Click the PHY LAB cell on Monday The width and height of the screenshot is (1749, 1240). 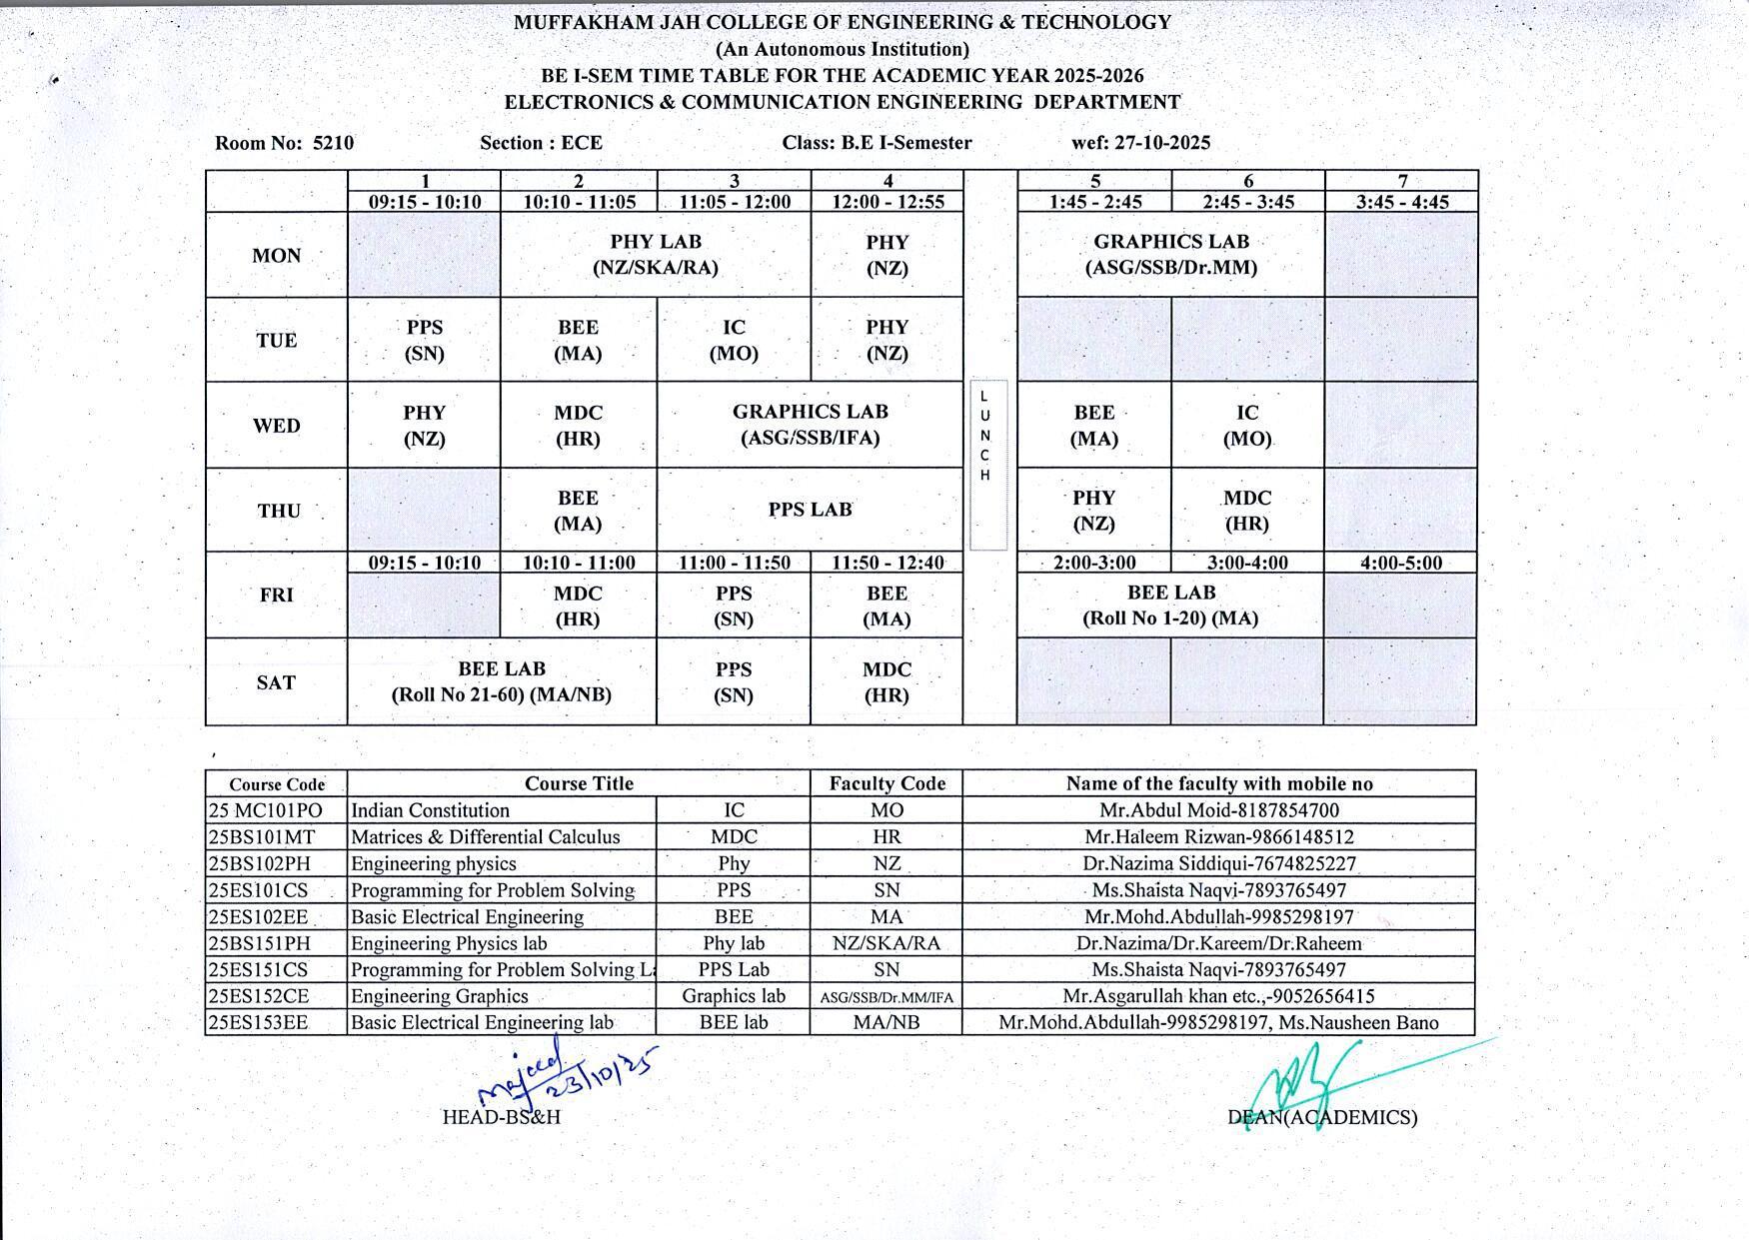point(656,255)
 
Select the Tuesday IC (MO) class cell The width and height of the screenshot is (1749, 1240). point(734,340)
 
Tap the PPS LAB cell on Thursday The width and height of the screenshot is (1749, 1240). point(810,510)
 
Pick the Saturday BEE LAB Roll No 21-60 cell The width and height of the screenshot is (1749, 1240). point(502,681)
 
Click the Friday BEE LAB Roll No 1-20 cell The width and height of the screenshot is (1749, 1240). point(1170,605)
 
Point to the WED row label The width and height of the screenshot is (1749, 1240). point(277,426)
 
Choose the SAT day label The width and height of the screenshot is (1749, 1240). point(277,682)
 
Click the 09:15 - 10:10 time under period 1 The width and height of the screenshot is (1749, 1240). point(425,202)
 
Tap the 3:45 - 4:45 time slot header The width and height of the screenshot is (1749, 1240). point(1402,202)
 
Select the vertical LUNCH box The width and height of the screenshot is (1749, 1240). point(987,465)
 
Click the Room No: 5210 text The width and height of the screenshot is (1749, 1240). point(285,143)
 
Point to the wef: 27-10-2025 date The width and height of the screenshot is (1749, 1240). point(1140,143)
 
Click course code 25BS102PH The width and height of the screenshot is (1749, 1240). point(259,863)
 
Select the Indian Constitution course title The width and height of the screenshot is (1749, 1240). point(431,810)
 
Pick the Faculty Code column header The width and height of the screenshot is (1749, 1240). point(886,783)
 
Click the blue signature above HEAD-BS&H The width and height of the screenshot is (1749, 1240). point(565,1072)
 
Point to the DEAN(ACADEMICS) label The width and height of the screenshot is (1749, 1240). point(1322,1117)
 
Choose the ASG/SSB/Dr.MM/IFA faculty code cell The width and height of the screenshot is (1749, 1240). point(886,997)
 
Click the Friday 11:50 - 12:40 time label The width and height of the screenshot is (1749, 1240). point(887,563)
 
